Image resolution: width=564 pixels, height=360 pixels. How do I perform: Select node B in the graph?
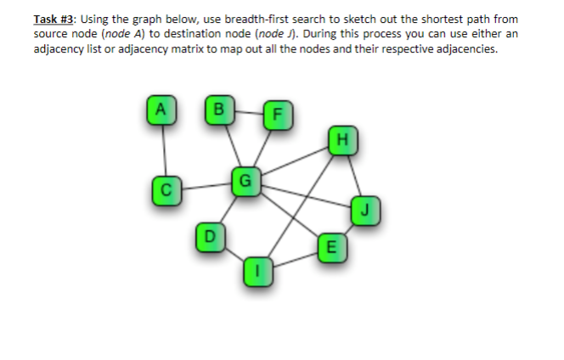(x=220, y=110)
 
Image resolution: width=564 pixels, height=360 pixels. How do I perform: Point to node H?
(x=342, y=138)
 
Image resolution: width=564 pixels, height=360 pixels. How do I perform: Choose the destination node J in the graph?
(x=364, y=209)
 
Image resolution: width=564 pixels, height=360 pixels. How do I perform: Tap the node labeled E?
(x=330, y=248)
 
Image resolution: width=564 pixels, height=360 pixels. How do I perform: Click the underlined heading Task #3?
(x=57, y=18)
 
